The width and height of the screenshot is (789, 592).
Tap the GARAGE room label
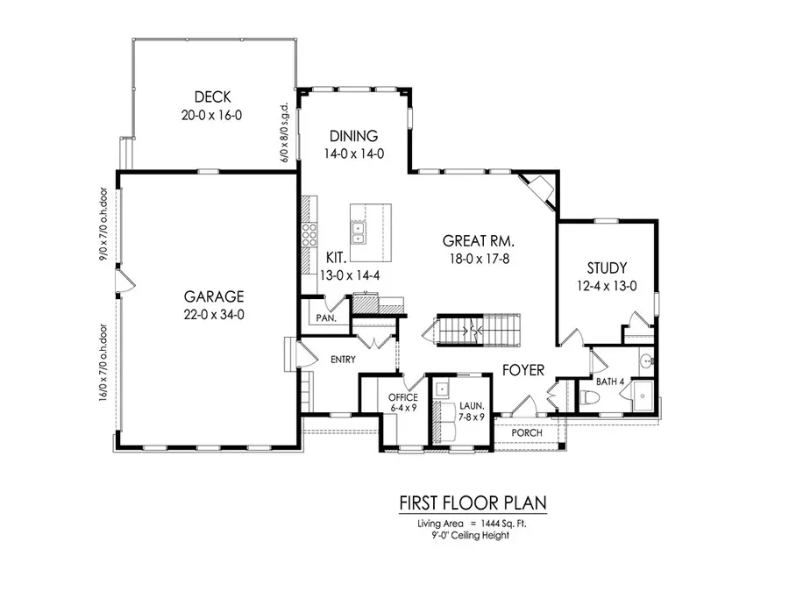pyautogui.click(x=214, y=296)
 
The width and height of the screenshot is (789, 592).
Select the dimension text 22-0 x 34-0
pyautogui.click(x=214, y=314)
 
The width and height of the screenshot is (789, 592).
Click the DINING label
pyautogui.click(x=353, y=136)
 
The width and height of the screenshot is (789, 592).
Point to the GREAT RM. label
pyautogui.click(x=478, y=240)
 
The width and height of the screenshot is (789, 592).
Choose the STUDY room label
pyautogui.click(x=607, y=268)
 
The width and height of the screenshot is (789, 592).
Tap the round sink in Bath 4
pyautogui.click(x=646, y=360)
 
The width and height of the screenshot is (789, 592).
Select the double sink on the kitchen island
pyautogui.click(x=359, y=232)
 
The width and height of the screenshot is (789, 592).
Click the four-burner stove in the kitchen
pyautogui.click(x=309, y=235)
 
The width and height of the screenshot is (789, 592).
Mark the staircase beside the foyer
pyautogui.click(x=473, y=332)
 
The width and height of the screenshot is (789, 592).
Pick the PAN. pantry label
pyautogui.click(x=327, y=319)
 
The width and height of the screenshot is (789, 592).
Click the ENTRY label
pyautogui.click(x=342, y=360)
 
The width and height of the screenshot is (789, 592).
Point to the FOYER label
pyautogui.click(x=523, y=370)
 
